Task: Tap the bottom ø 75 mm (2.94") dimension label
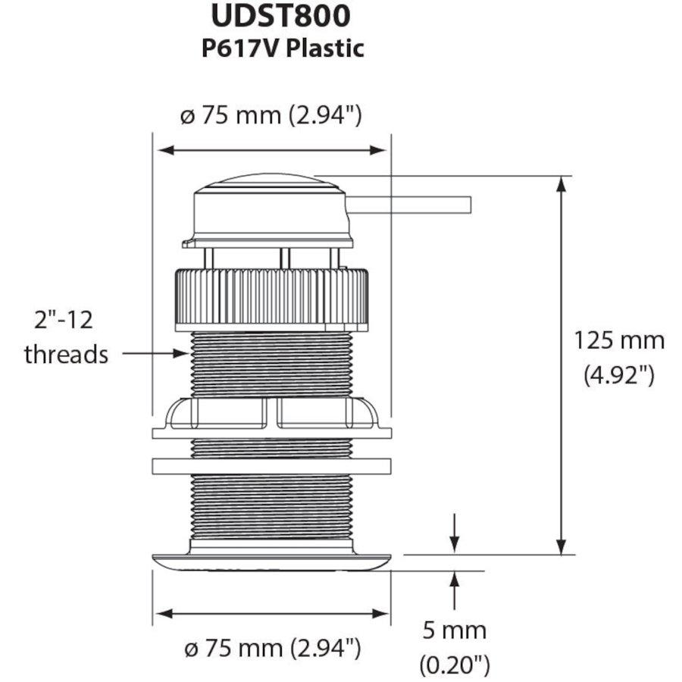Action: pyautogui.click(x=271, y=649)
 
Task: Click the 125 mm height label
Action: pyautogui.click(x=619, y=340)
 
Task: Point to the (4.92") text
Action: pyautogui.click(x=619, y=375)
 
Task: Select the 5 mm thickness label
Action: pyautogui.click(x=454, y=630)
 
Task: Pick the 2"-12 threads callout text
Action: pyautogui.click(x=67, y=337)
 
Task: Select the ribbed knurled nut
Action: pyautogui.click(x=273, y=299)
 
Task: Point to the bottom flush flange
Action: pyautogui.click(x=271, y=562)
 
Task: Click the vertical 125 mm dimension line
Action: pyautogui.click(x=562, y=364)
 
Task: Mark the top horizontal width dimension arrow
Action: pyautogui.click(x=271, y=151)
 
